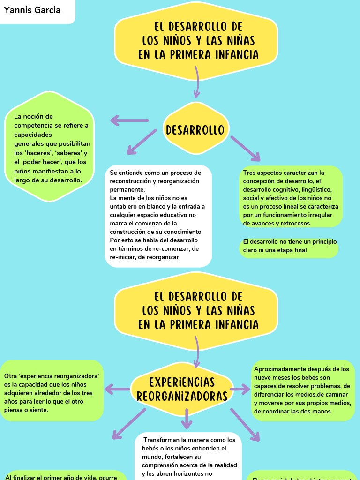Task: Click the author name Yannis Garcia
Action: tap(32, 10)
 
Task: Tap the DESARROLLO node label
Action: tap(195, 130)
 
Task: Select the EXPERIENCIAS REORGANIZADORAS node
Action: tap(182, 389)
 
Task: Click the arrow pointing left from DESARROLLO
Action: tap(129, 121)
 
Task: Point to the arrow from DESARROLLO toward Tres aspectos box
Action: tap(245, 149)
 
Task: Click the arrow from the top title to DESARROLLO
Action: tap(197, 84)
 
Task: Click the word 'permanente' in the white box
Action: tap(127, 189)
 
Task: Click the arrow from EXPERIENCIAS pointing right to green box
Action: tap(240, 389)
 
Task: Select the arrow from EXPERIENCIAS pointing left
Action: tap(117, 389)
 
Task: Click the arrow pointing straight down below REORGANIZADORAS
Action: tap(187, 419)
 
